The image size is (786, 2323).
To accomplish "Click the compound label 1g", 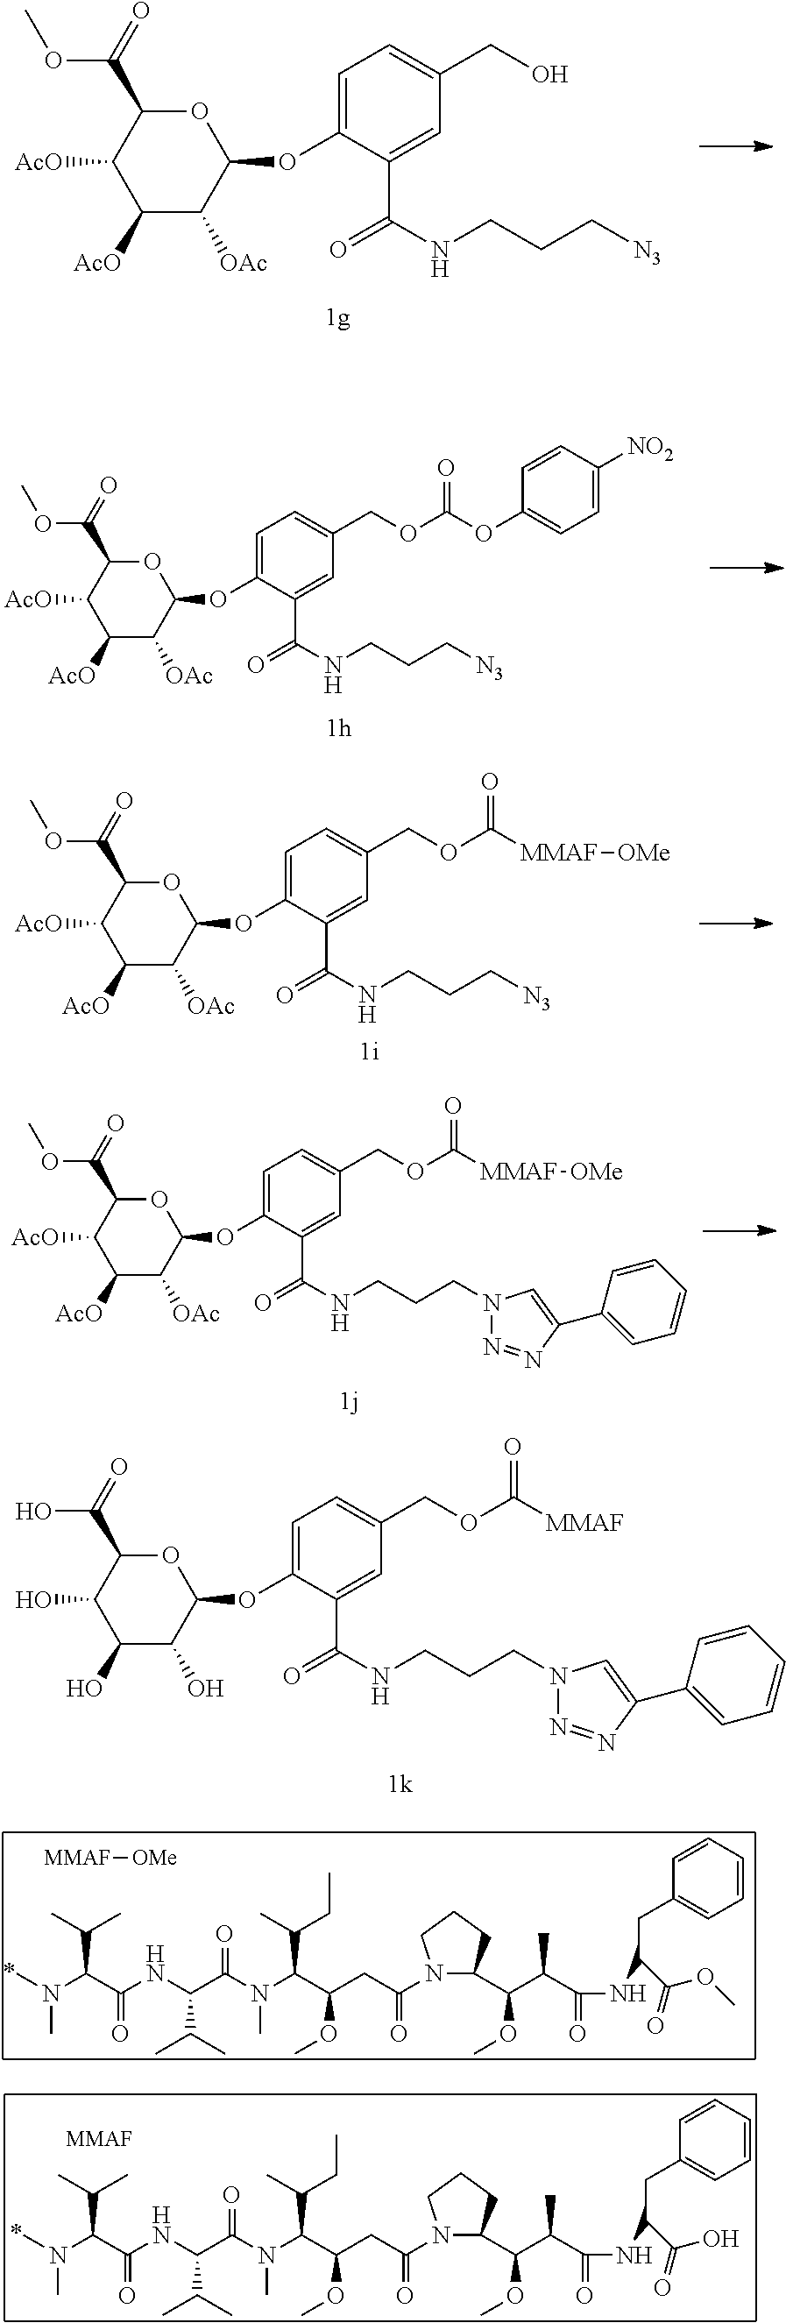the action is (x=338, y=319).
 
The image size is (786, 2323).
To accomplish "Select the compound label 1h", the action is (x=339, y=727).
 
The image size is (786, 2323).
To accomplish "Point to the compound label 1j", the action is (x=350, y=1401).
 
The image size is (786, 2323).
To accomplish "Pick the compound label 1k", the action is (x=400, y=1784).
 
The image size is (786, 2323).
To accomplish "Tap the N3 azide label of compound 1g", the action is (x=646, y=252).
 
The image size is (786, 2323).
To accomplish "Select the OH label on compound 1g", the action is (x=549, y=74).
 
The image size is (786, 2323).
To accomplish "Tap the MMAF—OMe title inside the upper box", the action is (x=111, y=1858).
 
